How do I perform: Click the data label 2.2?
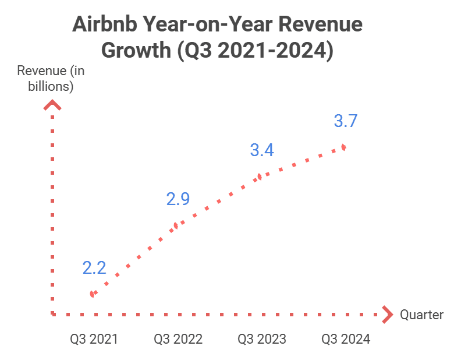pyautogui.click(x=94, y=268)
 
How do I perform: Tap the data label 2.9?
pyautogui.click(x=178, y=199)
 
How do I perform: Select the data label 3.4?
pyautogui.click(x=262, y=150)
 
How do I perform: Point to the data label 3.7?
pyautogui.click(x=345, y=121)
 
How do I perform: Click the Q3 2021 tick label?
pyautogui.click(x=94, y=339)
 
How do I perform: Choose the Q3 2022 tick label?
pyautogui.click(x=178, y=339)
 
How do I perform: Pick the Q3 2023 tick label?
pyautogui.click(x=262, y=339)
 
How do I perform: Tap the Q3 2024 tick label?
pyautogui.click(x=346, y=339)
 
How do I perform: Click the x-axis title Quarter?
pyautogui.click(x=421, y=315)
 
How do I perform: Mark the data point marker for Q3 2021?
pyautogui.click(x=92, y=294)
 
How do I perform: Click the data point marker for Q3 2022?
pyautogui.click(x=176, y=225)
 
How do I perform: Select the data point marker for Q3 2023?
pyautogui.click(x=260, y=177)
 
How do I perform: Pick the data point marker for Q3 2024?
pyautogui.click(x=344, y=147)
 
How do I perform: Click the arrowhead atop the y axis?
pyautogui.click(x=53, y=105)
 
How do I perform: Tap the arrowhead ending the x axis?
pyautogui.click(x=387, y=315)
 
